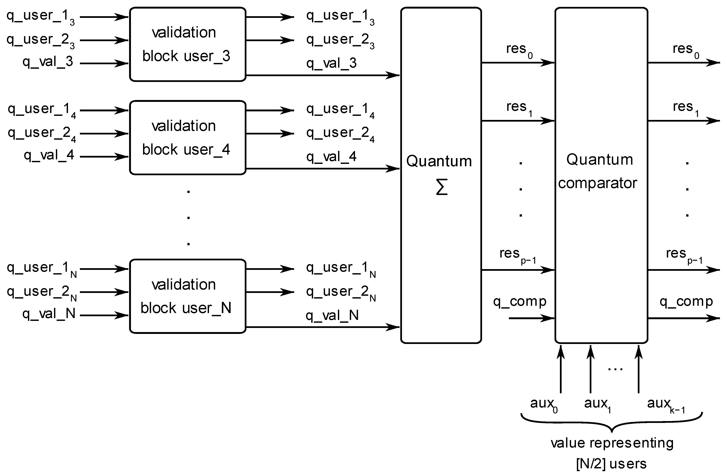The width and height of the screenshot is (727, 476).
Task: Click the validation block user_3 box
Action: click(x=188, y=44)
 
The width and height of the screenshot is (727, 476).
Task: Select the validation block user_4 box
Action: click(x=188, y=138)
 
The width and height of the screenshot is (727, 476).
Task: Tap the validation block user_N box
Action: click(x=188, y=296)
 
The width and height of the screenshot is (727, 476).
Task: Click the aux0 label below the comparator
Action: click(x=543, y=404)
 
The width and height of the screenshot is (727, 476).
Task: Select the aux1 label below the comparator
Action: click(x=597, y=404)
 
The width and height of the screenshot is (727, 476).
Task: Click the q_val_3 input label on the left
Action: click(x=48, y=62)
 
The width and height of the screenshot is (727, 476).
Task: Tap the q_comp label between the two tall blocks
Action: click(x=519, y=302)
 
